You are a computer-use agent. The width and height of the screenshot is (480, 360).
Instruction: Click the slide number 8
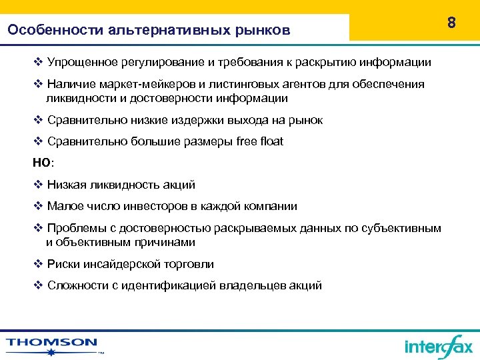pyautogui.click(x=451, y=23)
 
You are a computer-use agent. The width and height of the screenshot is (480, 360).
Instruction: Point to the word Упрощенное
pyautogui.click(x=83, y=62)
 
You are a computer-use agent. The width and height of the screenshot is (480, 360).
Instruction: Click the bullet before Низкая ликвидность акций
pyautogui.click(x=38, y=185)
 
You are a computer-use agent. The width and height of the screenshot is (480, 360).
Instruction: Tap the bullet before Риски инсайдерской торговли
pyautogui.click(x=38, y=264)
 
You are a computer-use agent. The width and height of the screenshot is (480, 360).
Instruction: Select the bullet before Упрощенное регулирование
pyautogui.click(x=38, y=62)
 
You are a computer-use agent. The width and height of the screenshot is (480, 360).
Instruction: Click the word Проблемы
pyautogui.click(x=74, y=228)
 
